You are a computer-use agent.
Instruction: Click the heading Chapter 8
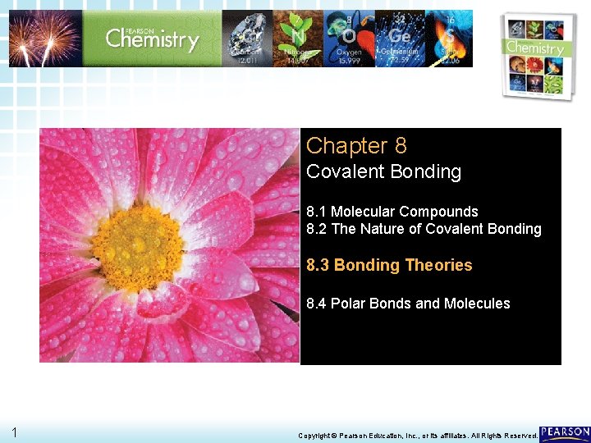tap(356, 146)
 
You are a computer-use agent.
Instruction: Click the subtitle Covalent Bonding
tap(383, 172)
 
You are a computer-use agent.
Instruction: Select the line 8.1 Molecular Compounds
tap(392, 212)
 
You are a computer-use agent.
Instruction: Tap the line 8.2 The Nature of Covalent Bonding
tap(424, 230)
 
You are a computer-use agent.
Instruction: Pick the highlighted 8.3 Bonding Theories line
tap(389, 265)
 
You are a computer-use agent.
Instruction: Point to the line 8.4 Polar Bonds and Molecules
tap(408, 304)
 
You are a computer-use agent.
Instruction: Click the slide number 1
tap(14, 432)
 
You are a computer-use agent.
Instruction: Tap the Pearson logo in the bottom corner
tap(565, 433)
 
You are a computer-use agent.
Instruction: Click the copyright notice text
tap(417, 435)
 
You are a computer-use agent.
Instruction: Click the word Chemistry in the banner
tap(152, 39)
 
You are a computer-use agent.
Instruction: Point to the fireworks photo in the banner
tap(45, 38)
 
